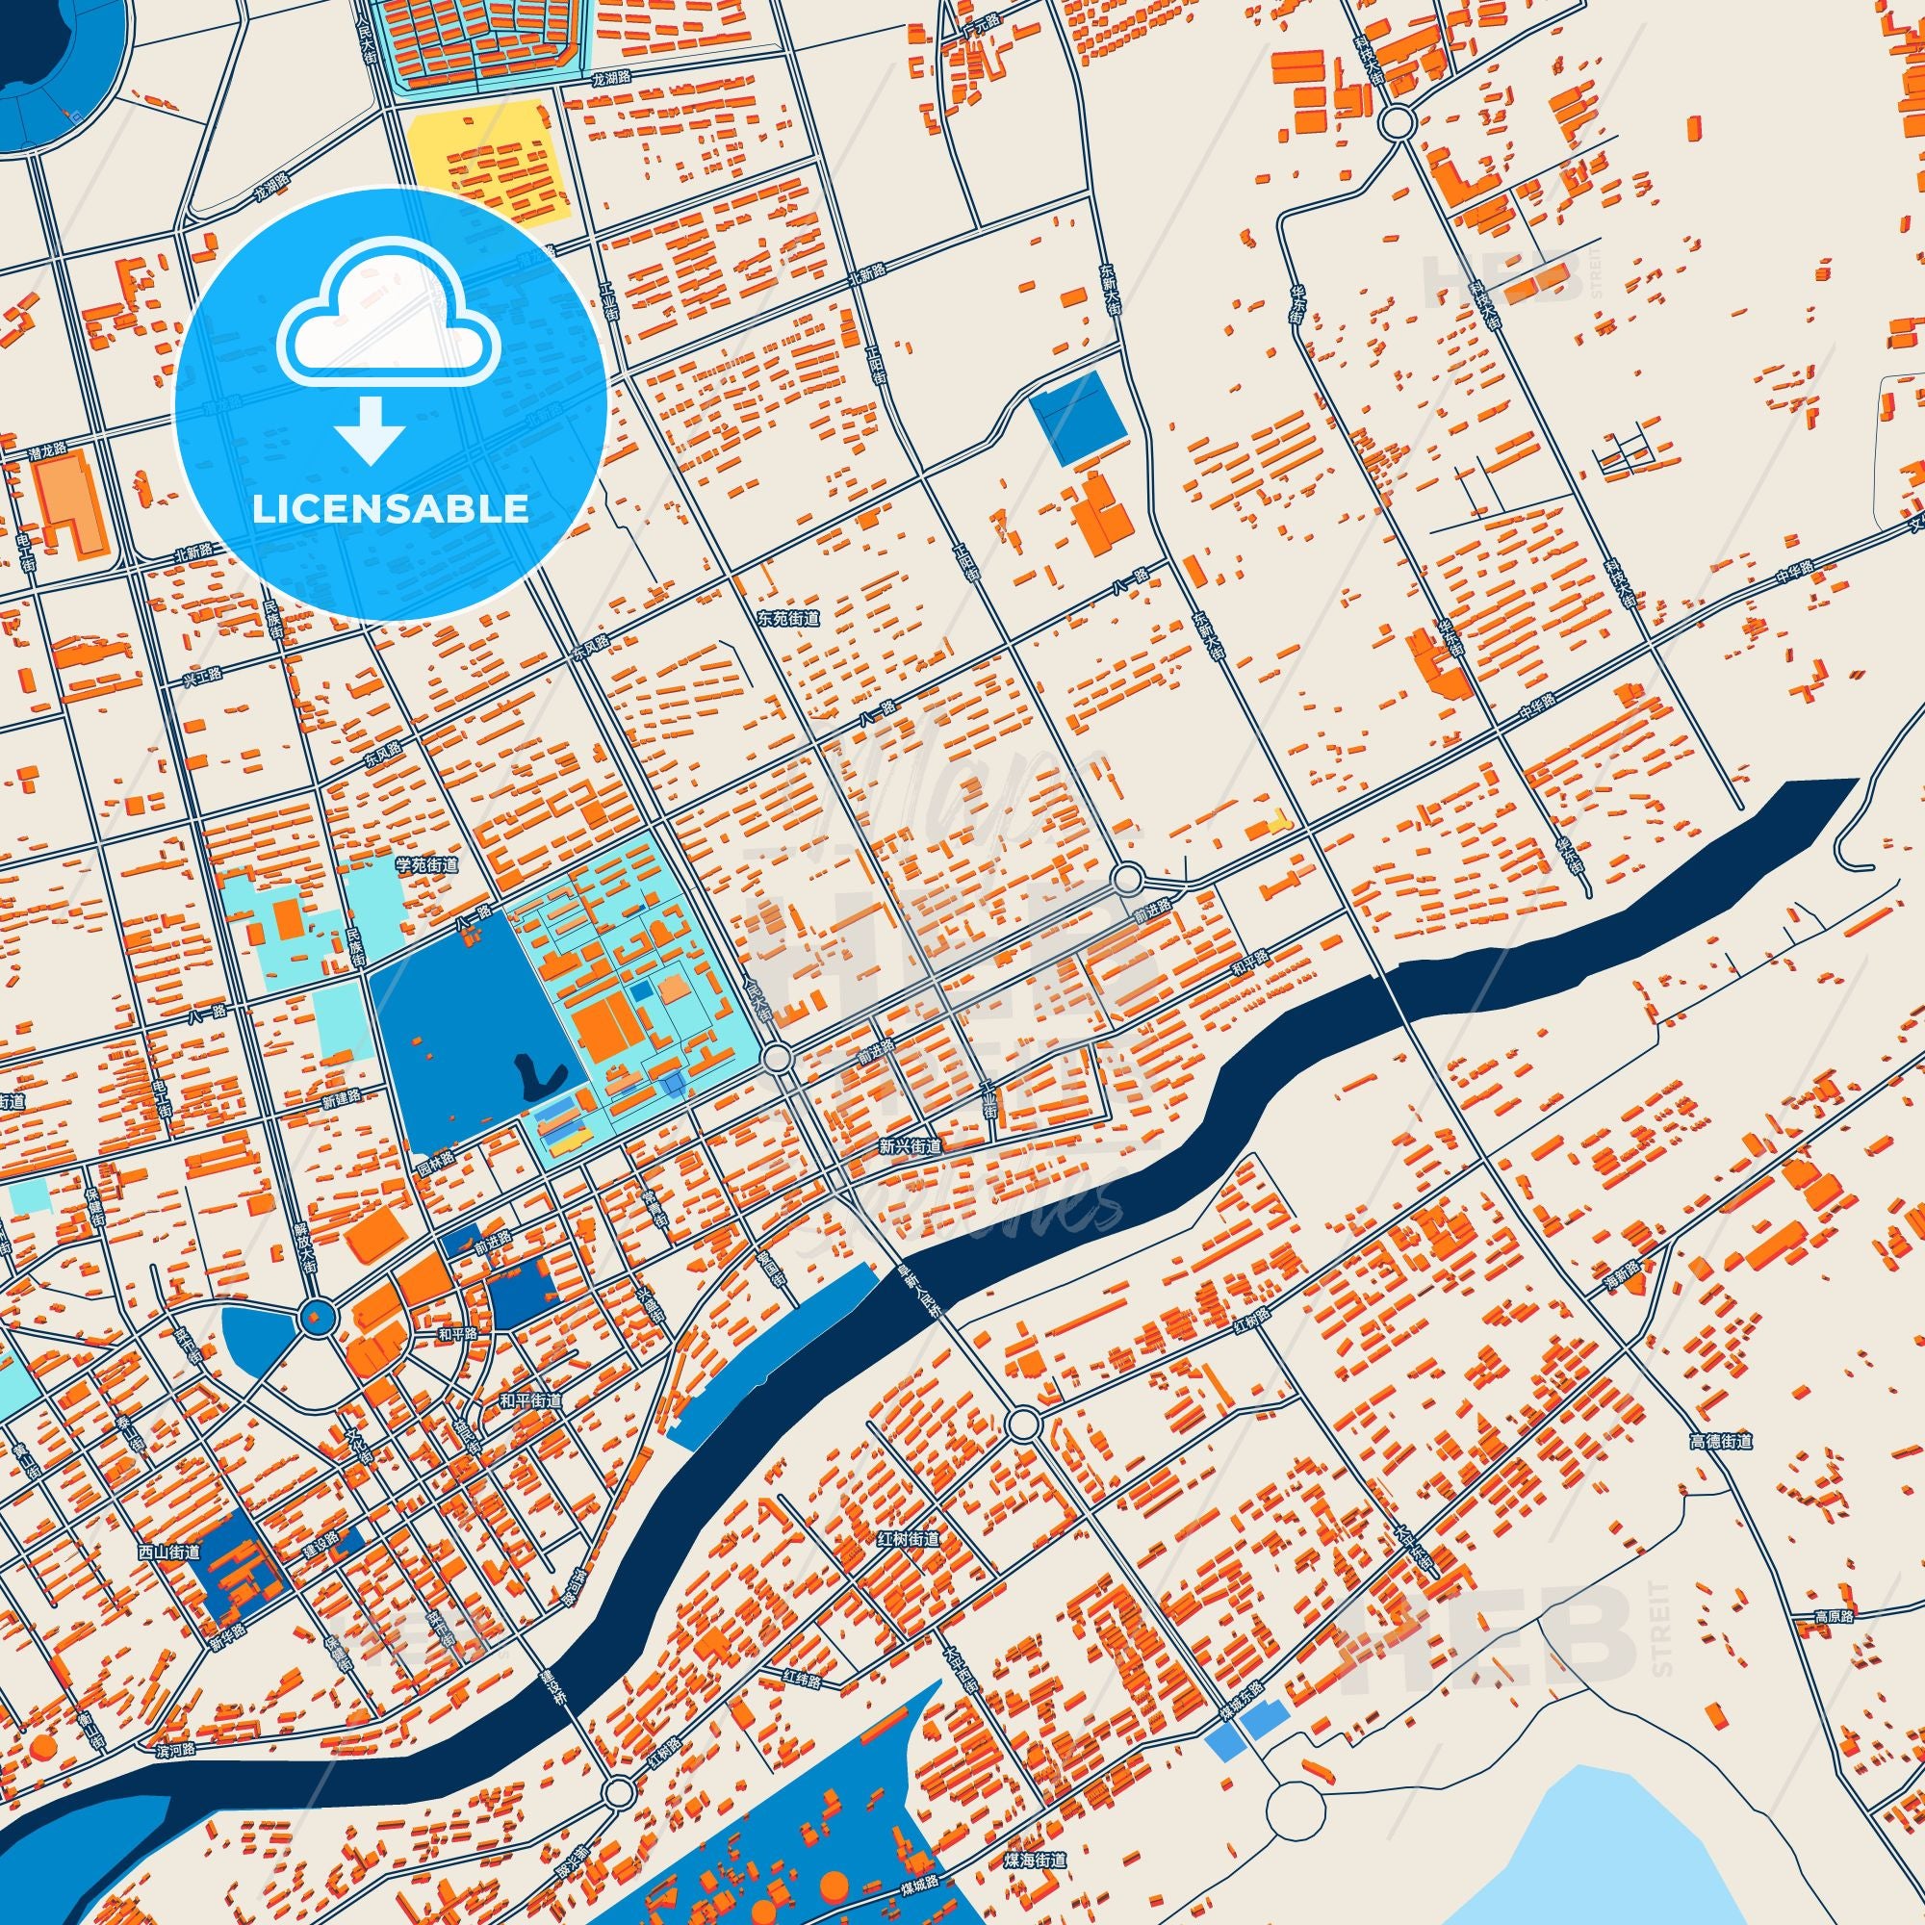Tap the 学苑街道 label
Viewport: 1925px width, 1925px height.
(x=427, y=866)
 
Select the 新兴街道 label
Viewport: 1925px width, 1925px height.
(x=910, y=1147)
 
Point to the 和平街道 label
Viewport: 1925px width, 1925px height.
(x=530, y=1400)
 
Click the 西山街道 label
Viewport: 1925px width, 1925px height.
(x=169, y=1553)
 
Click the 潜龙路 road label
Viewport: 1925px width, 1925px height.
(x=47, y=450)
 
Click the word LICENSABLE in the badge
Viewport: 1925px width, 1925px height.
(x=390, y=509)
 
